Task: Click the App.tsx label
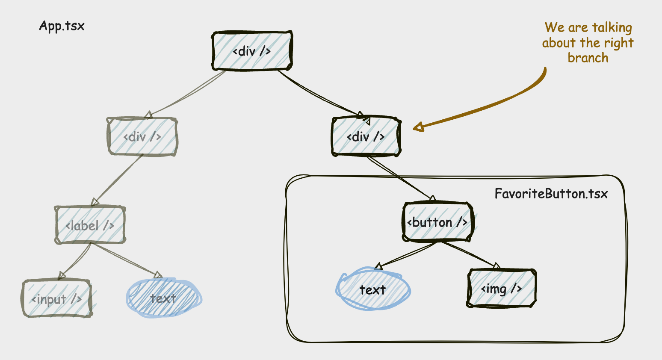click(62, 26)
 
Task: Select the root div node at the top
click(252, 51)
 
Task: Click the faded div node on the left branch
click(142, 136)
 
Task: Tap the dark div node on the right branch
click(366, 136)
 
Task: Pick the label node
click(90, 225)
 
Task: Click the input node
click(56, 299)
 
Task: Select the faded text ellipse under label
click(163, 298)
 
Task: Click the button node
click(437, 222)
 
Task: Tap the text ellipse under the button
click(372, 290)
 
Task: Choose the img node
click(501, 289)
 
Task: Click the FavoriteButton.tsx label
click(551, 194)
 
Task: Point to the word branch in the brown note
click(588, 58)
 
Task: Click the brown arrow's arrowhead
click(418, 127)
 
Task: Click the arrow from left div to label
click(118, 180)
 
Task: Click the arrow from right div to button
click(400, 179)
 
